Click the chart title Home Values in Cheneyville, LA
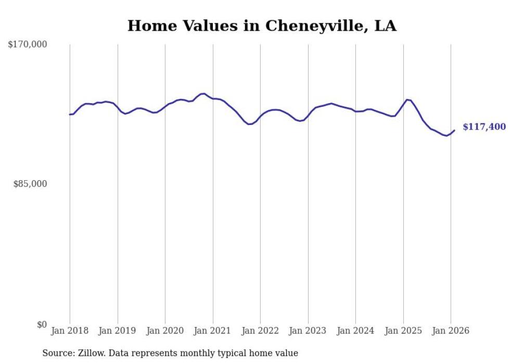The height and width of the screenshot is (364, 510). [x=262, y=26]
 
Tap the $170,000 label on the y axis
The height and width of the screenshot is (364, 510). [x=28, y=45]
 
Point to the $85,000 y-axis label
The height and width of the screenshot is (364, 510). [x=30, y=184]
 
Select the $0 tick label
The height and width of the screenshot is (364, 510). [x=42, y=324]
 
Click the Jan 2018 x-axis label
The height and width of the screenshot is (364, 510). [x=70, y=331]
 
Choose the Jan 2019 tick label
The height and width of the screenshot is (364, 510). [x=118, y=331]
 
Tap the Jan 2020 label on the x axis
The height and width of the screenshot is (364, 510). [x=165, y=331]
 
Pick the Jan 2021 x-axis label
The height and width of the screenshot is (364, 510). [x=213, y=331]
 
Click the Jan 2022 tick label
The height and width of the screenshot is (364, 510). [x=260, y=331]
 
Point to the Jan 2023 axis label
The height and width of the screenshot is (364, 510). [x=308, y=331]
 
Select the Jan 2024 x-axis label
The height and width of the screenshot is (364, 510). [x=355, y=331]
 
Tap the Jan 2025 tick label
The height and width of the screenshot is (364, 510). [x=403, y=331]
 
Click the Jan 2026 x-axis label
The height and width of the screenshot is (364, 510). [x=451, y=331]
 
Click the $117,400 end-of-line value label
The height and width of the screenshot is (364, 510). [x=484, y=127]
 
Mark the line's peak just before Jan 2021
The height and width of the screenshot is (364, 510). [x=203, y=94]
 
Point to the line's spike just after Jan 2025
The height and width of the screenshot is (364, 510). [x=407, y=99]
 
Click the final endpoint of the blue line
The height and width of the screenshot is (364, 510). [x=454, y=130]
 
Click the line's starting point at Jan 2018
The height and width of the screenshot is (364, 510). [x=70, y=115]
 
